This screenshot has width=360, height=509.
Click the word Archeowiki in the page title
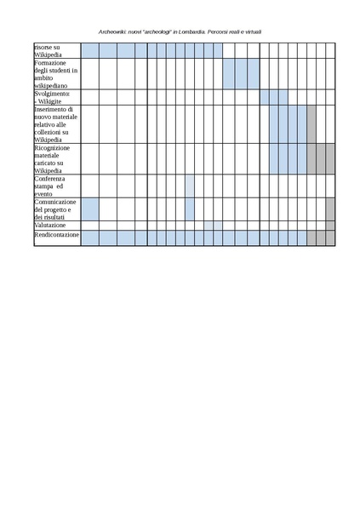click(112, 31)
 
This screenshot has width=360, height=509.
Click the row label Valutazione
click(50, 225)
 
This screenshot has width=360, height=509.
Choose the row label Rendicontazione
click(56, 234)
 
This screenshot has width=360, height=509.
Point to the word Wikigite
click(52, 101)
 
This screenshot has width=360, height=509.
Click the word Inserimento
click(53, 109)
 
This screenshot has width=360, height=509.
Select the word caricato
click(48, 163)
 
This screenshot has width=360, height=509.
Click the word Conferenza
click(51, 179)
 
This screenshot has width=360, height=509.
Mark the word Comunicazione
click(56, 202)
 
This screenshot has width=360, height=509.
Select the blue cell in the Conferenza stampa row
click(190, 186)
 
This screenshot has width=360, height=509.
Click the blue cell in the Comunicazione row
click(89, 209)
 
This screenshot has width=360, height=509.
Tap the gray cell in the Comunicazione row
click(330, 209)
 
